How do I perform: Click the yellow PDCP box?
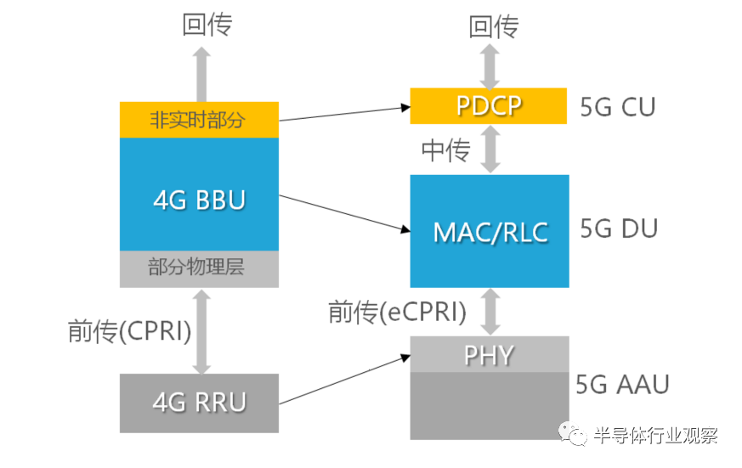(x=489, y=106)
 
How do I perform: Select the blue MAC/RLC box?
(x=490, y=231)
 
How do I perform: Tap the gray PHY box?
(x=490, y=354)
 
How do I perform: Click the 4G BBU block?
(x=199, y=195)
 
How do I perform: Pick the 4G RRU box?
(x=199, y=403)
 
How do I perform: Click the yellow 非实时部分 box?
(x=199, y=120)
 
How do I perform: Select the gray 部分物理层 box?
(x=199, y=269)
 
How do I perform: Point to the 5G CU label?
(x=618, y=107)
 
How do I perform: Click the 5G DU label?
(x=619, y=228)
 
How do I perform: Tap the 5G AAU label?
(x=622, y=384)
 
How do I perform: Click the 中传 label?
(x=445, y=150)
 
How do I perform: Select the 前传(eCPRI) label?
(x=398, y=312)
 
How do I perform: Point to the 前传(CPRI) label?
(x=130, y=330)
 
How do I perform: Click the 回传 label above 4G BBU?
(x=207, y=25)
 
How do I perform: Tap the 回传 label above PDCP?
(x=494, y=26)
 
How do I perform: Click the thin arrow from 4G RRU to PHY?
(x=344, y=380)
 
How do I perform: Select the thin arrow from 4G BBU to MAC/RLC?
(x=344, y=213)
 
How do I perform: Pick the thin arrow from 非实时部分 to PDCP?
(x=344, y=114)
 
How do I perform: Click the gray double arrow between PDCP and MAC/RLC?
(x=490, y=149)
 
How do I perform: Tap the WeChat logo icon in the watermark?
(x=572, y=433)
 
